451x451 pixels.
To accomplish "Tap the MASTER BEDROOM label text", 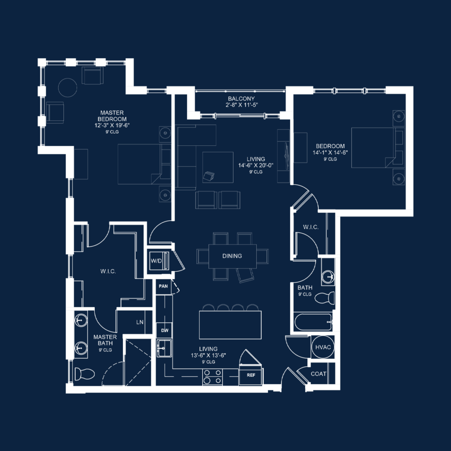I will pos(113,116).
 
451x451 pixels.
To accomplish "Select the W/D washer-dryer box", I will pos(156,261).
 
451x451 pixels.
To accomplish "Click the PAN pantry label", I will pos(163,286).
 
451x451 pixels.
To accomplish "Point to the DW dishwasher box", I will pos(165,330).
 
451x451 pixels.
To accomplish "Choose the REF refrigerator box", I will pos(251,375).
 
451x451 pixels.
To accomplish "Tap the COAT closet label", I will pos(318,374).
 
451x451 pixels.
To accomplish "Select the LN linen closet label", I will pos(140,322).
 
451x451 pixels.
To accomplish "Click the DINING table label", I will pos(232,256).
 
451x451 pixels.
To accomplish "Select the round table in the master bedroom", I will pos(68,88).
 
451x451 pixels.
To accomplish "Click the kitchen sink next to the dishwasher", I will pos(164,348).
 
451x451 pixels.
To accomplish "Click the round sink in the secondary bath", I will pos(328,277).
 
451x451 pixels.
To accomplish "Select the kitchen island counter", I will pos(230,324).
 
